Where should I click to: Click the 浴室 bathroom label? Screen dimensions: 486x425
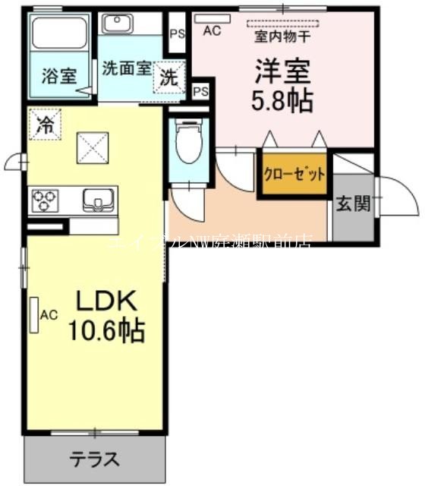click(x=58, y=77)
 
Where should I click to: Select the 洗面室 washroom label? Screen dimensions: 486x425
click(x=126, y=67)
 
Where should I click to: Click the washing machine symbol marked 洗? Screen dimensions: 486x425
click(x=169, y=77)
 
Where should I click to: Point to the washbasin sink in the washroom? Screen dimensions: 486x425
click(x=117, y=24)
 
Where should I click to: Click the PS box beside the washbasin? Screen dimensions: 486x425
click(x=177, y=33)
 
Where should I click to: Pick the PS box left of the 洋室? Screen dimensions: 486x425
click(x=200, y=91)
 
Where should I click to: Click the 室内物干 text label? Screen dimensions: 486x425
click(x=280, y=35)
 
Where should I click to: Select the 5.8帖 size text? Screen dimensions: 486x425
click(x=282, y=99)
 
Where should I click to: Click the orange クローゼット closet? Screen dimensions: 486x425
click(x=294, y=174)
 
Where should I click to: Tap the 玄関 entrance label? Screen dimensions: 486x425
click(x=354, y=204)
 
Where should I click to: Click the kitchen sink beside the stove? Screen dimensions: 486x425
click(x=96, y=200)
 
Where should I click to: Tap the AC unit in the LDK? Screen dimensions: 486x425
click(x=34, y=314)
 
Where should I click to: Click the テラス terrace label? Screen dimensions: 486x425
click(x=95, y=459)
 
